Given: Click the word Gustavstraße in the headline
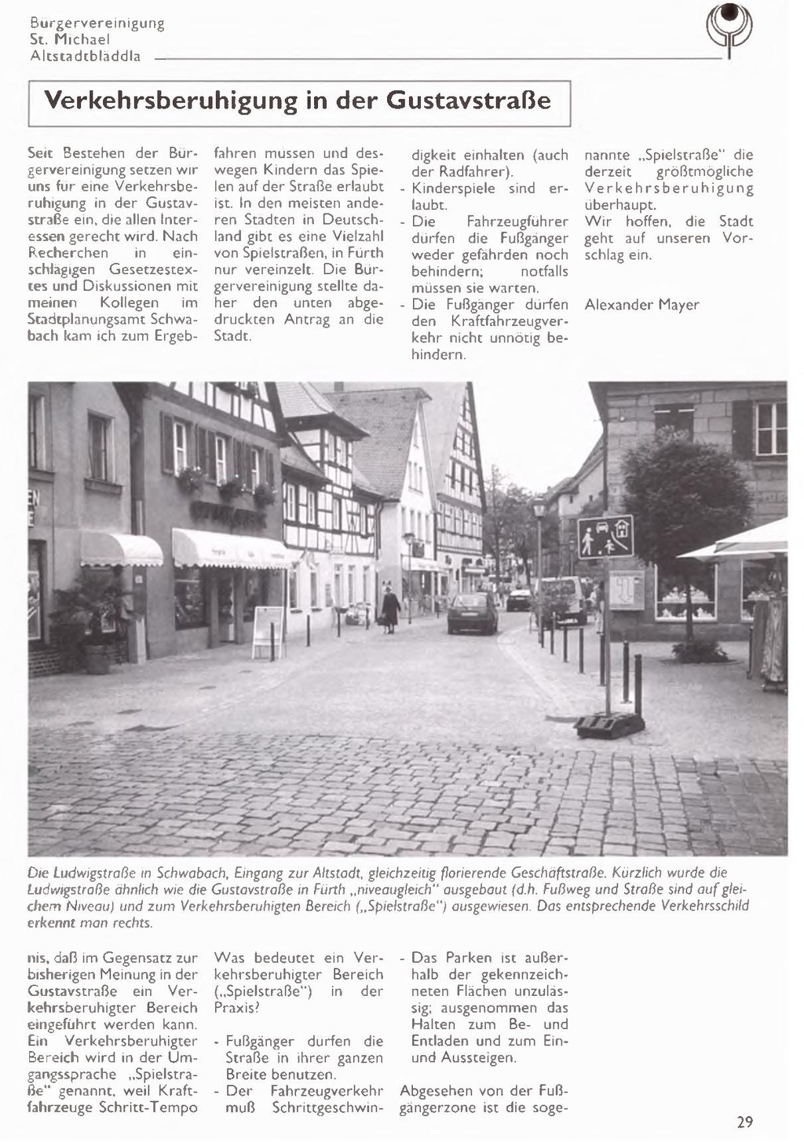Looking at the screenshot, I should pyautogui.click(x=469, y=101).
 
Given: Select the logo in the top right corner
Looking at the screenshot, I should pyautogui.click(x=729, y=28).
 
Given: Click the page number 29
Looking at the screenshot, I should pyautogui.click(x=744, y=1122).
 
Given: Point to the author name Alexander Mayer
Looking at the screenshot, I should pyautogui.click(x=641, y=305).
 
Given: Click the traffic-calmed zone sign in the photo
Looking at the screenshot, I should pyautogui.click(x=605, y=536).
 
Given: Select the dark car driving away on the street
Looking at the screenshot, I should pyautogui.click(x=472, y=613).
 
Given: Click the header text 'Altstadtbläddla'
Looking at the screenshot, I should pyautogui.click(x=85, y=57).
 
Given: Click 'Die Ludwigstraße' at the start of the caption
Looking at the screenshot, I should pyautogui.click(x=75, y=873).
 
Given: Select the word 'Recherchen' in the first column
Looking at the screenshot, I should pyautogui.click(x=68, y=254).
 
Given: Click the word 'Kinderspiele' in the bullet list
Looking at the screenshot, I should pyautogui.click(x=453, y=189).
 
